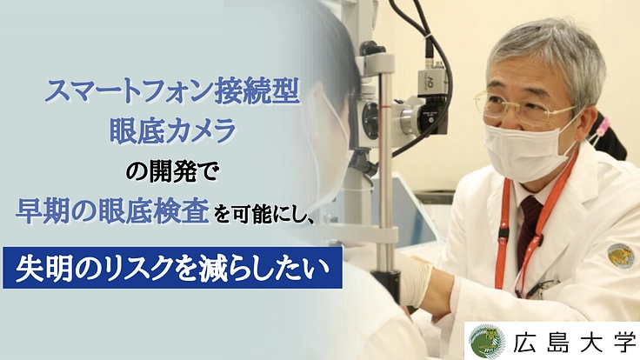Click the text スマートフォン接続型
(x=170, y=90)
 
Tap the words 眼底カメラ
(x=171, y=129)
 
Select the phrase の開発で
(x=172, y=168)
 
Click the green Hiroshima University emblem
(x=486, y=341)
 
